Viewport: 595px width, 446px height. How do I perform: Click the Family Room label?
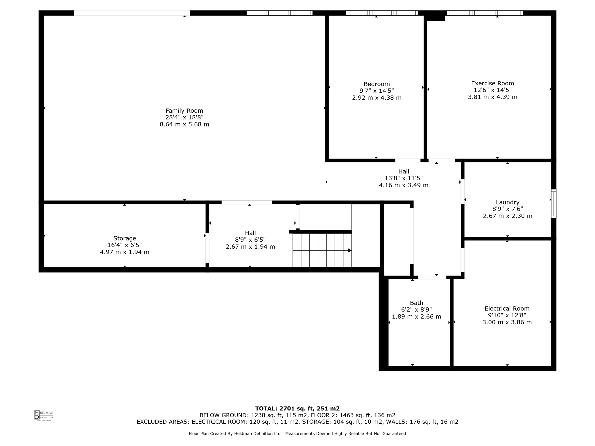point(184,111)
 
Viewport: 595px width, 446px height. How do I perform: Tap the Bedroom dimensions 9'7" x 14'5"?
point(377,91)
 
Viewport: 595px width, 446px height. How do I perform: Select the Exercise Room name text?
point(492,83)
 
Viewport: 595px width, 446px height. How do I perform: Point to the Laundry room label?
point(507,202)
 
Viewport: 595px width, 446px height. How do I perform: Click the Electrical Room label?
point(507,308)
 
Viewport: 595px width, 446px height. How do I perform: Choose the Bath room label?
point(416,303)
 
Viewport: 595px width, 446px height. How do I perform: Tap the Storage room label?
point(125,238)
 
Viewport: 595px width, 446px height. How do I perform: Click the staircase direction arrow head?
point(350,250)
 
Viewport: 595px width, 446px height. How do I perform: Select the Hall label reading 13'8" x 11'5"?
point(404,178)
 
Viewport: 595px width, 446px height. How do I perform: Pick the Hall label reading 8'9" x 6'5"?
point(250,240)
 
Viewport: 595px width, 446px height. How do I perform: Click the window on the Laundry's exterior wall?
point(554,204)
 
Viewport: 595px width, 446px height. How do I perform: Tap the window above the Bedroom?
point(381,13)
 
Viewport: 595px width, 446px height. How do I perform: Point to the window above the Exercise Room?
point(485,13)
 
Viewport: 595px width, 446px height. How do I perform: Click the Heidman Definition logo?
point(44,415)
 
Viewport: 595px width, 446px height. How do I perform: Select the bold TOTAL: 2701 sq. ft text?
point(297,409)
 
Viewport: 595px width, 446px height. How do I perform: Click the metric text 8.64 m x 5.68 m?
point(184,124)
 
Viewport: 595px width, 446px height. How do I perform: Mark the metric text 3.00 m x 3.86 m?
point(507,322)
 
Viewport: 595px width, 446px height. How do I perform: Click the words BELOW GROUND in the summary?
point(224,415)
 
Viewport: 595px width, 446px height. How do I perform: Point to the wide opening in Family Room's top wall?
point(132,13)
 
